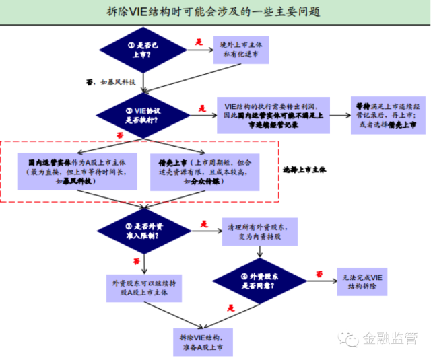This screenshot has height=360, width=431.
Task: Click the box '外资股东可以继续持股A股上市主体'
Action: click(142, 287)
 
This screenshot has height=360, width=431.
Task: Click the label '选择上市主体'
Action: click(304, 170)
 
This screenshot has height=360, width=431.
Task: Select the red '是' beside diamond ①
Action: click(199, 42)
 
